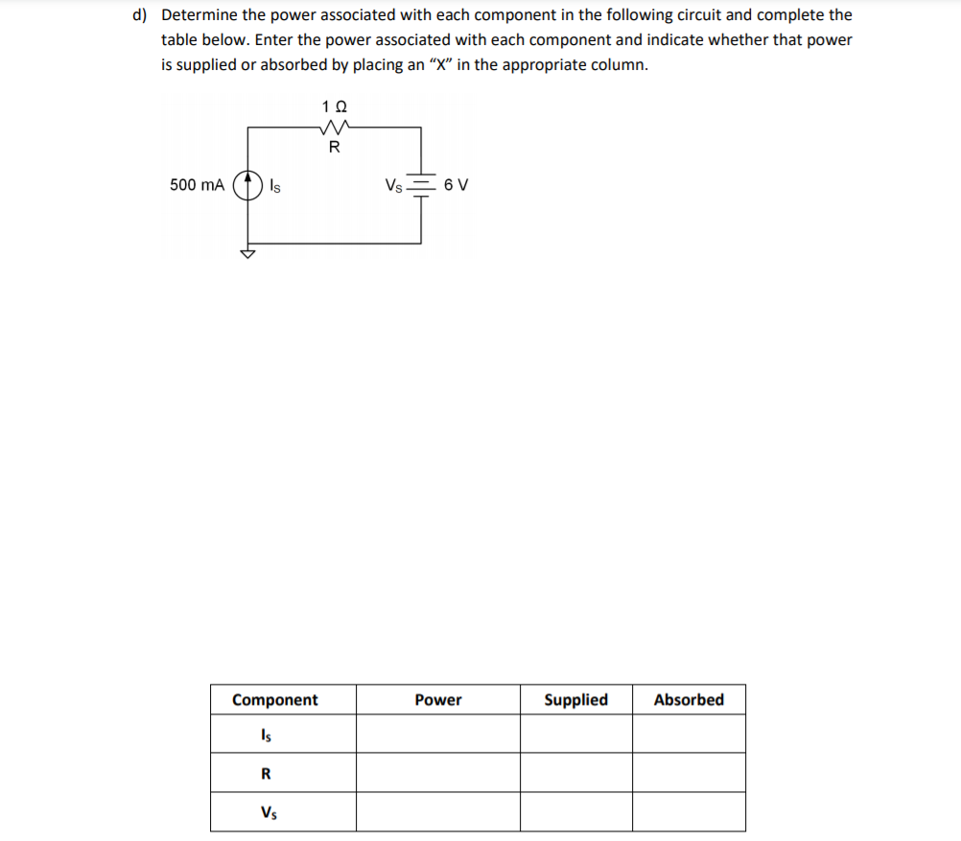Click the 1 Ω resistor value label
(x=334, y=105)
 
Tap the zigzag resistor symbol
(x=334, y=128)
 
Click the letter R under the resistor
(x=334, y=148)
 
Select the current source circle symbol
(x=249, y=184)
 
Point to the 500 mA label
(x=197, y=184)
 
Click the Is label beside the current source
(x=274, y=185)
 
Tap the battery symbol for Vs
(x=420, y=184)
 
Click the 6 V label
(x=457, y=185)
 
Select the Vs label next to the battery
(x=392, y=185)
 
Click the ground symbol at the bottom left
(x=249, y=254)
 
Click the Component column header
(x=275, y=700)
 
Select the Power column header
(x=437, y=700)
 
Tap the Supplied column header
(x=575, y=700)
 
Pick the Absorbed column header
(x=689, y=700)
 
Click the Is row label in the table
(x=265, y=736)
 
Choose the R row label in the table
(x=266, y=774)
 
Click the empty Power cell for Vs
(x=437, y=812)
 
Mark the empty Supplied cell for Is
(x=575, y=735)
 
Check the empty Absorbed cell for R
(x=689, y=773)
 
